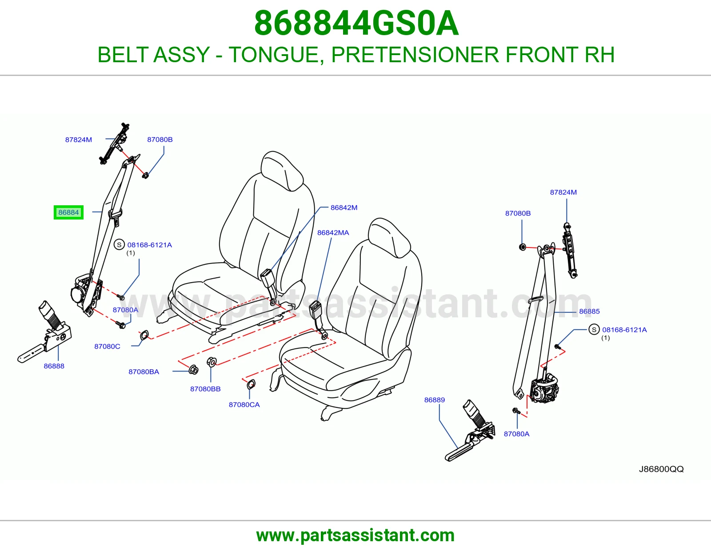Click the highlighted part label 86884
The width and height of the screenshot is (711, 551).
coord(68,212)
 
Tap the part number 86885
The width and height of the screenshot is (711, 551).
coord(589,311)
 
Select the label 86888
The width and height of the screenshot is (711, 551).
coord(54,366)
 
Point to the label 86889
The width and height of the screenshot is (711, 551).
coord(435,400)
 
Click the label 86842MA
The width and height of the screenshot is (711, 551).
coord(333,233)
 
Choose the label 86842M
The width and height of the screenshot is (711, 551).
coord(344,208)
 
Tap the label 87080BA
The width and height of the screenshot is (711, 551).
coord(144,371)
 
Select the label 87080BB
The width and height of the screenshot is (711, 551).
coord(205,389)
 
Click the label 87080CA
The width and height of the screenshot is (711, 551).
coord(244,405)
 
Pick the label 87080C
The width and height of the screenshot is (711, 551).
coord(108,347)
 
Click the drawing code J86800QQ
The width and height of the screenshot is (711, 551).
coord(661,469)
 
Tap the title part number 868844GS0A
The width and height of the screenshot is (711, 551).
coord(356,23)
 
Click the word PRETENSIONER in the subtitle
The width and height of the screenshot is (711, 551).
coord(415,55)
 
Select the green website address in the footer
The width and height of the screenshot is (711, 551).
coord(355,535)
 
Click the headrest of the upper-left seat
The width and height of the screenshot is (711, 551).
coord(282,170)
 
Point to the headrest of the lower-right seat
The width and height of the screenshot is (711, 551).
coord(389,238)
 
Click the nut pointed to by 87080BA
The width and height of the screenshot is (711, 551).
coord(193,369)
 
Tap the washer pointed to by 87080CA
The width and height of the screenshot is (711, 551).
coord(251,384)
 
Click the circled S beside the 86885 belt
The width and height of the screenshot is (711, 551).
coord(594,329)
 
